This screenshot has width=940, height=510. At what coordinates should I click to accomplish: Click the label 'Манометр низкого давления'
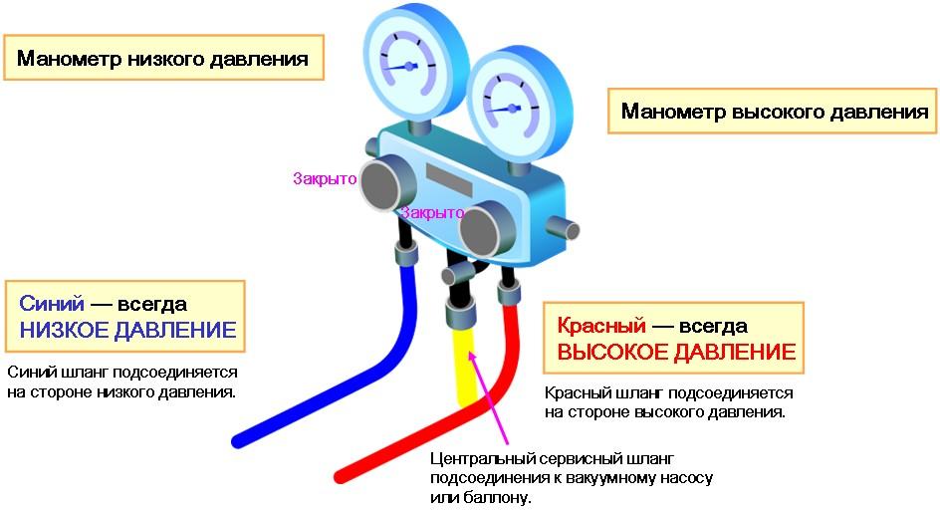tap(161, 59)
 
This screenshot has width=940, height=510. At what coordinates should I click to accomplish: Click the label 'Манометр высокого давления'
tap(774, 112)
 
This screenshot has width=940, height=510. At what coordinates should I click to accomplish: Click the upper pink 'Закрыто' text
tap(325, 179)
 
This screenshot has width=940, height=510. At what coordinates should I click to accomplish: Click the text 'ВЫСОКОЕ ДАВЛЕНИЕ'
tap(675, 353)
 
